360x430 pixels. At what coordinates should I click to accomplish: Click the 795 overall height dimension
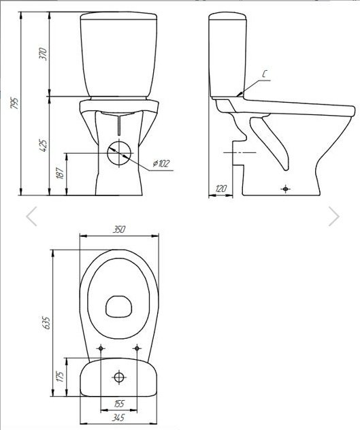14,103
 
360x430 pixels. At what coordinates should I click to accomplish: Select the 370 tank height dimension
43,54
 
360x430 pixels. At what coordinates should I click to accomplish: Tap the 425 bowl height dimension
43,146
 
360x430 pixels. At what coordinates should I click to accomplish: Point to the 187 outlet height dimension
60,173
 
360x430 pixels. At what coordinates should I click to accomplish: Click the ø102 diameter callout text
161,163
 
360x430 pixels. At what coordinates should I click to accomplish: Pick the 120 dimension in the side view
221,188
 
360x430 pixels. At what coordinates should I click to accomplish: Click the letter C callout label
264,74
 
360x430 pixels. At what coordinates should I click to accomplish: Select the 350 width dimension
119,229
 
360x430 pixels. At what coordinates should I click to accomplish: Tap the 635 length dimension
46,322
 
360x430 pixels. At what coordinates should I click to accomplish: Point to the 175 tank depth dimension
61,377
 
